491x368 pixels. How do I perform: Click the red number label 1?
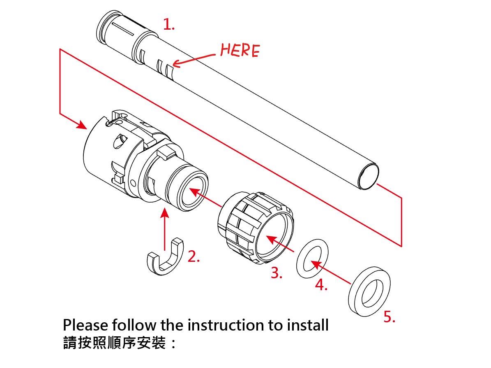pos(169,24)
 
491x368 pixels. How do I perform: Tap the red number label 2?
pos(193,256)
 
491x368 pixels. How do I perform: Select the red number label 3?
pos(277,273)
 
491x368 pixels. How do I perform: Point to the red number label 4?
pos(321,284)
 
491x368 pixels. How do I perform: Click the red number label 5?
pos(389,317)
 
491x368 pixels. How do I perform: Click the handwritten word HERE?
pos(240,50)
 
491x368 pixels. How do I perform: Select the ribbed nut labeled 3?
pos(255,228)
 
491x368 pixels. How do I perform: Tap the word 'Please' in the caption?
pos(85,325)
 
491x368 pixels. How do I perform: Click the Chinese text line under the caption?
pos(120,342)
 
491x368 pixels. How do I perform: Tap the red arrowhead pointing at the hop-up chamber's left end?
pos(82,125)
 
